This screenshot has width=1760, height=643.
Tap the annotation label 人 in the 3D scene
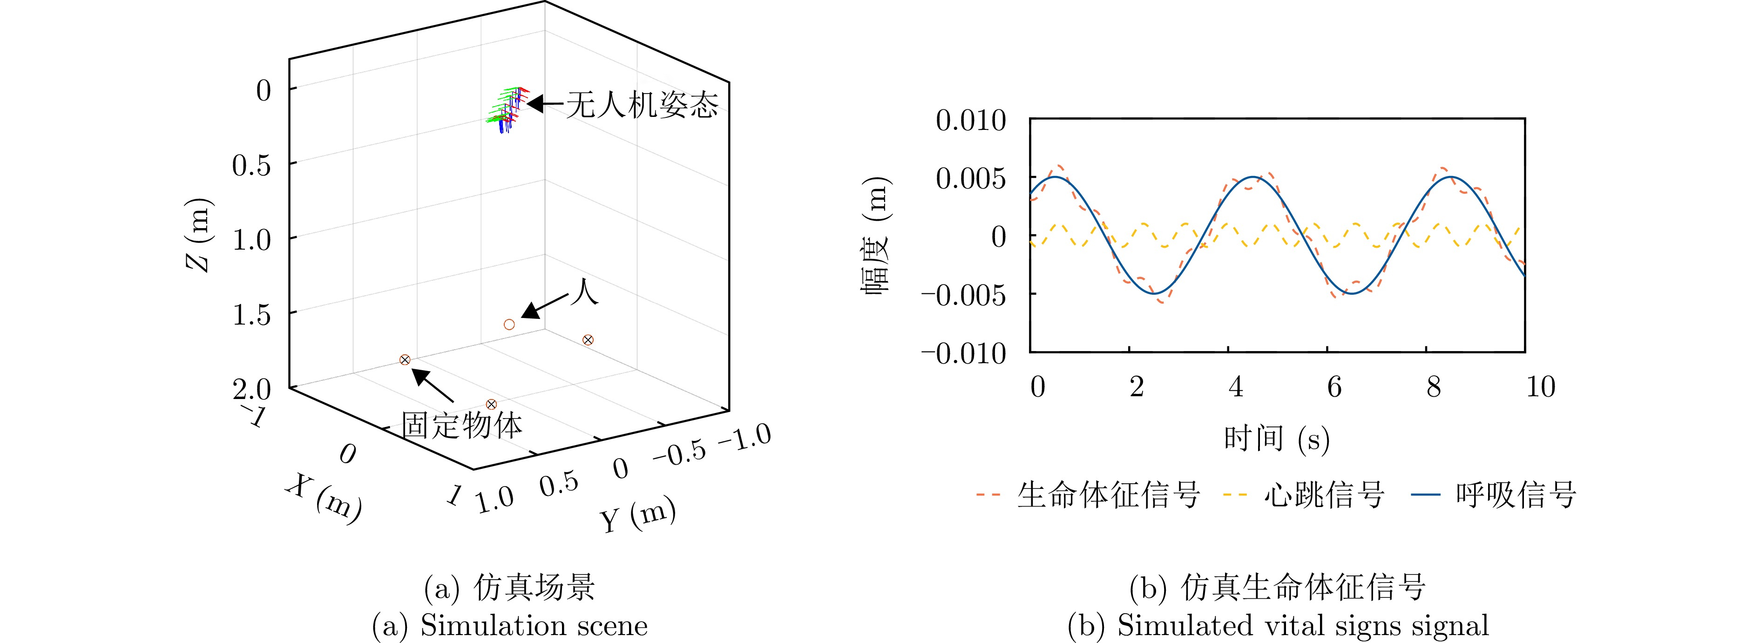point(584,292)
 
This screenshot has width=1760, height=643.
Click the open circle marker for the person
point(509,325)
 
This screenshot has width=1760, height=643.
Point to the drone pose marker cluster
point(506,109)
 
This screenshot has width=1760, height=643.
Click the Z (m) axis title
point(199,234)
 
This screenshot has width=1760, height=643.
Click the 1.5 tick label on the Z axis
point(251,315)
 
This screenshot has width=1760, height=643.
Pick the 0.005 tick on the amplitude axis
point(970,178)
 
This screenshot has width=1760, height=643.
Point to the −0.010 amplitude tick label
point(963,353)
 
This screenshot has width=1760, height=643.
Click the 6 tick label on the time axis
point(1334,387)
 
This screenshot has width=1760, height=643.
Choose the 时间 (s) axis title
point(1276,438)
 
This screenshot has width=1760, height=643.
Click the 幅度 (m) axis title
point(875,234)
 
